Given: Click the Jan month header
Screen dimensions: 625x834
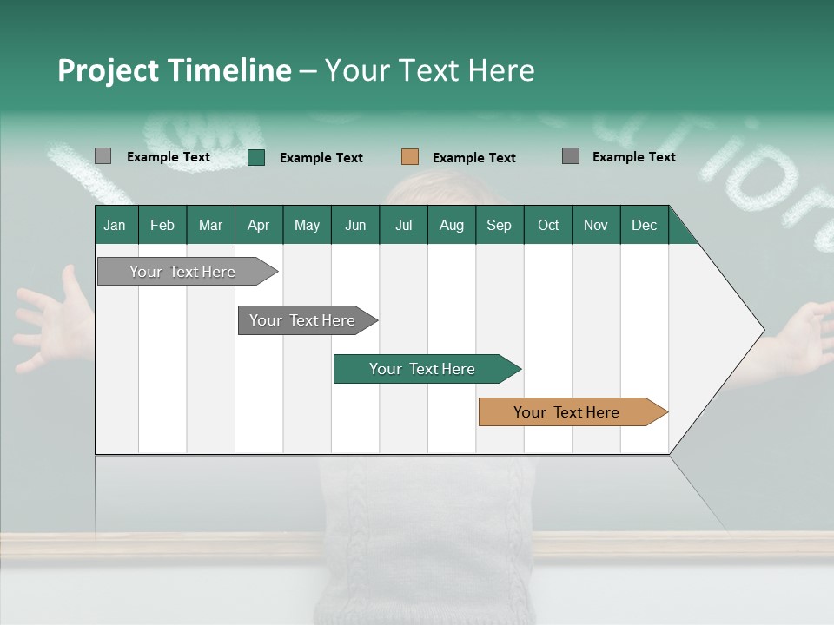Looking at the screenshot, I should point(115,226).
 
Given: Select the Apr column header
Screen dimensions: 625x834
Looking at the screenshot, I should point(258,226).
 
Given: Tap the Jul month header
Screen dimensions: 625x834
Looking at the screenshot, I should point(403,226).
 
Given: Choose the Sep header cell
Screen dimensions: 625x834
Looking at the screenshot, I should point(499,226).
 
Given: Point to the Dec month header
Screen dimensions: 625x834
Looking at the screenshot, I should point(644,226).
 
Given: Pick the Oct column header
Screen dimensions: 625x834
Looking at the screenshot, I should point(548,226).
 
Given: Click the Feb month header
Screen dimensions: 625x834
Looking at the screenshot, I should point(162,226).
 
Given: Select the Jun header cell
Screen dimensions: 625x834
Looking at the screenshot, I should point(355,226).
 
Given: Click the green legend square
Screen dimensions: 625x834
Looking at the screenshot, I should point(256,157).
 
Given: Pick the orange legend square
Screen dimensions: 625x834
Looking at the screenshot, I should point(410,157).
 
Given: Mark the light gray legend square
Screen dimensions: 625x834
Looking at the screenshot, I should point(103,156).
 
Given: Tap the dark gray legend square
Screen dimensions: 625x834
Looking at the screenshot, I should point(571,156).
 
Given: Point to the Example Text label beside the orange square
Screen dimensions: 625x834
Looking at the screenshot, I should point(473,158).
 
